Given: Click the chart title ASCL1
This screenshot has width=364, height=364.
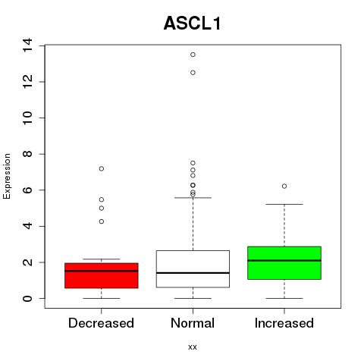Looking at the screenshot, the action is tap(193, 24).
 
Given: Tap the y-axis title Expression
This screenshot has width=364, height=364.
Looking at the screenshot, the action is tap(7, 176).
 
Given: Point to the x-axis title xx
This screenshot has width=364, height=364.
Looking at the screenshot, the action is tap(193, 347).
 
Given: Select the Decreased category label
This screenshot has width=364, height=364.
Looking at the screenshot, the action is tap(101, 323).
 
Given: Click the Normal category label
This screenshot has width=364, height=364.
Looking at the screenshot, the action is tap(193, 323).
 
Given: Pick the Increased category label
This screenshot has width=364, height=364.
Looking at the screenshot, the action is tap(284, 323).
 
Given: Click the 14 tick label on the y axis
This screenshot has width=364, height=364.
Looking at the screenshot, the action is tap(27, 45).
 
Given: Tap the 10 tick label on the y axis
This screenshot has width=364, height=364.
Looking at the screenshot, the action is tap(27, 118).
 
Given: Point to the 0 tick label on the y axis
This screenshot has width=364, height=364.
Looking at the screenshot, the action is tap(27, 299).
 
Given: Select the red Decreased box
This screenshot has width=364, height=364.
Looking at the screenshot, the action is tap(102, 275).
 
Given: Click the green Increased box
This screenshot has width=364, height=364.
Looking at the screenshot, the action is tap(284, 263).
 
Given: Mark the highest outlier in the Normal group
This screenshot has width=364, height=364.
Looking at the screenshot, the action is tap(193, 55).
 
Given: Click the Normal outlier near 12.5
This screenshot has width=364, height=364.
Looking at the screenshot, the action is tap(193, 73).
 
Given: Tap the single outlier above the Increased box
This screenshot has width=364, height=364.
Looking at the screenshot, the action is tap(284, 187).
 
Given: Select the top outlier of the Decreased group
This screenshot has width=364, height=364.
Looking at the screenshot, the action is tap(102, 168).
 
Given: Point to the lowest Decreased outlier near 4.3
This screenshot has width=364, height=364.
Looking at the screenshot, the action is tap(102, 221).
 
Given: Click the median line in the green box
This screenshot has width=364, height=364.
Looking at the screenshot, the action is tap(284, 260).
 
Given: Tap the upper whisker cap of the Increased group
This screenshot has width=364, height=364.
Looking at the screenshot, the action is tap(284, 204).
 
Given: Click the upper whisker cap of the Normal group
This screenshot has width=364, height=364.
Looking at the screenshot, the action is tap(193, 198).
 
